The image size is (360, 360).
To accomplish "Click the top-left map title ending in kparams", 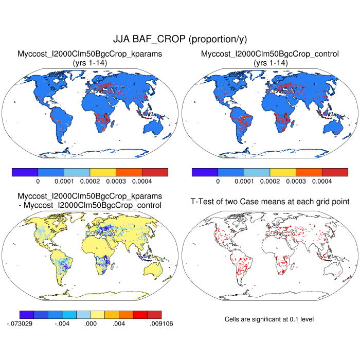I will pos(89,53).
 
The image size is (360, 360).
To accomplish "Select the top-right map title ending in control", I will pos(269,53).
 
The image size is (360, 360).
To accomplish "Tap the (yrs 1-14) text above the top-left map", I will pos(89,62).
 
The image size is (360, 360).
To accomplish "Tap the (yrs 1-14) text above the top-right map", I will pos(269,62).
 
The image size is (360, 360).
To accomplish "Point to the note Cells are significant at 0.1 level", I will pos(269,319).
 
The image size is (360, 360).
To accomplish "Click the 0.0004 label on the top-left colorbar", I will pos(141,182).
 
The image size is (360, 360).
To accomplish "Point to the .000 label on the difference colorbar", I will pos(91,323).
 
